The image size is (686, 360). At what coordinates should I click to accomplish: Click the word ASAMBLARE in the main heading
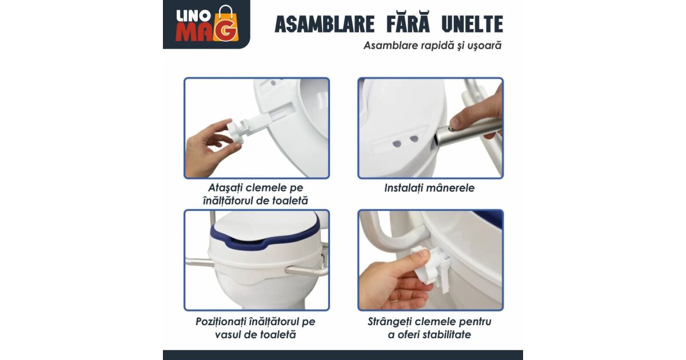pos(325,24)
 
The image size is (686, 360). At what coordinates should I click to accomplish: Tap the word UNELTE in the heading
pos(473,24)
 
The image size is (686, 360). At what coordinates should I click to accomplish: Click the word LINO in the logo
pos(190,17)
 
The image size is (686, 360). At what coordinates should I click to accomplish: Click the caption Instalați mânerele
pos(429,188)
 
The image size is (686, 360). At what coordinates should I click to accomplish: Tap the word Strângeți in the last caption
pos(389,322)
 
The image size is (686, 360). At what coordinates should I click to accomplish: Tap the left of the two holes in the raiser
pos(397,143)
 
